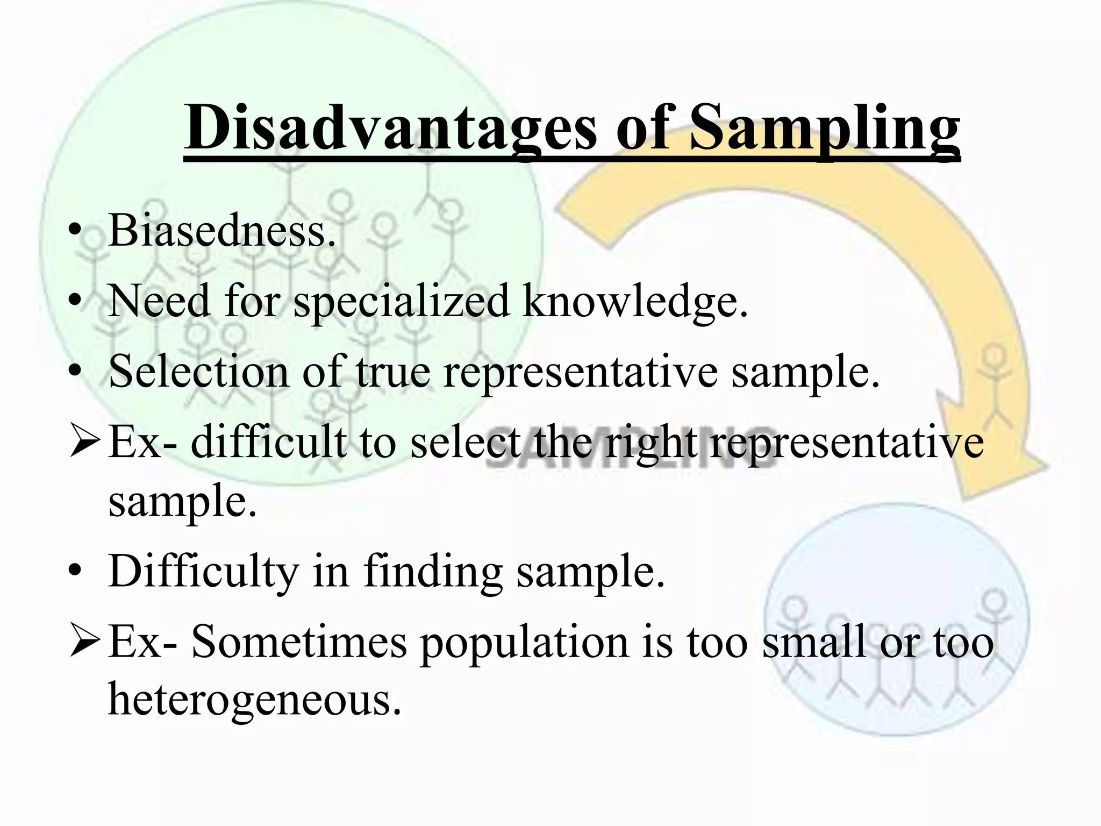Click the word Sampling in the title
pyautogui.click(x=825, y=129)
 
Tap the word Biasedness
pyautogui.click(x=221, y=231)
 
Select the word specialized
pyautogui.click(x=401, y=302)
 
